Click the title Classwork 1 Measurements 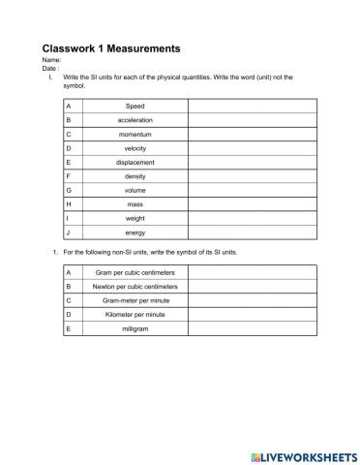[111, 47]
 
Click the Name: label [52, 61]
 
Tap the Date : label [51, 69]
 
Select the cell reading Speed [135, 106]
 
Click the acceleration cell [135, 120]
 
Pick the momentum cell [135, 134]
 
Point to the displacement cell [135, 162]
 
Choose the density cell [135, 176]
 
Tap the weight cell [135, 218]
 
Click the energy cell [135, 232]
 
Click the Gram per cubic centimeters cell [135, 273]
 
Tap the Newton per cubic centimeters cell [135, 287]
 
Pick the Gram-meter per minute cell [135, 301]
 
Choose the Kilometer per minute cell [135, 315]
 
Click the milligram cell [135, 329]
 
